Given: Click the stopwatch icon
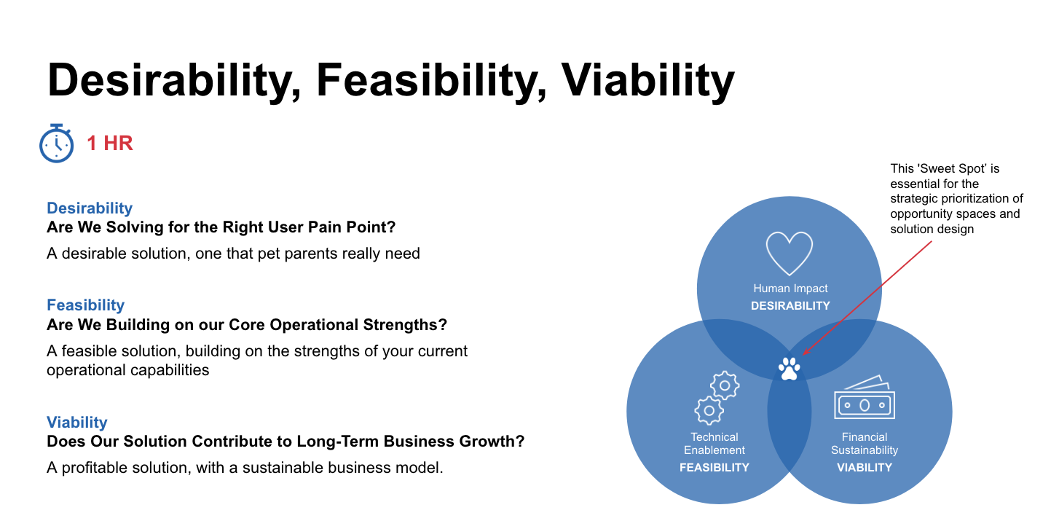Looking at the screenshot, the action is tap(56, 144).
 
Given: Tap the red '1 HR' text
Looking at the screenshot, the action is tap(110, 144).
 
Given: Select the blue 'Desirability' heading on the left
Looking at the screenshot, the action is tap(90, 208).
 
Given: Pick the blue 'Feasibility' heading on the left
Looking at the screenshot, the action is tap(85, 305).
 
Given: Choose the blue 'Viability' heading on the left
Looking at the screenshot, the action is tap(77, 422).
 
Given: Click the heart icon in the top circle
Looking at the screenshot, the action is tap(789, 254).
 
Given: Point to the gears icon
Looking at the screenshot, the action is tap(717, 397).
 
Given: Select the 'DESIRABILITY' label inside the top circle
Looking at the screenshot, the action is tap(790, 306).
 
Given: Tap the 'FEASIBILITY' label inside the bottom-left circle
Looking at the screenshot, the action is tap(714, 468).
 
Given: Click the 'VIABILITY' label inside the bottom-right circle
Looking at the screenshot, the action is tap(865, 468).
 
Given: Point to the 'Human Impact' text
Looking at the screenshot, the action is tap(790, 289).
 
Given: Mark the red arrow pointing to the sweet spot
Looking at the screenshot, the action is tap(867, 298).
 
